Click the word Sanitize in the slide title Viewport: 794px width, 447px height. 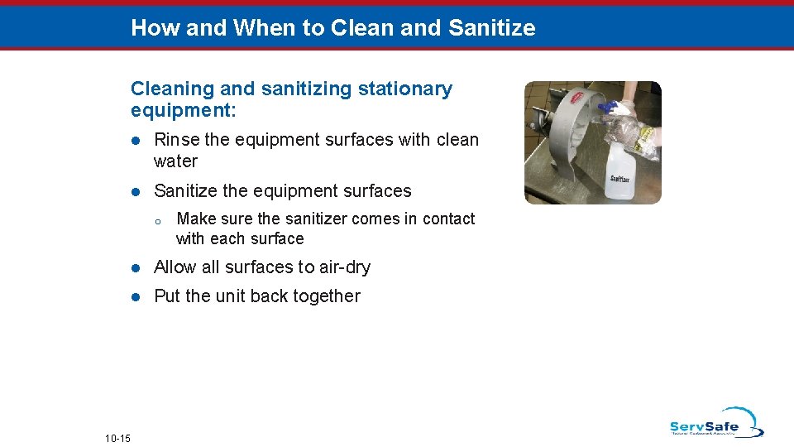pos(491,28)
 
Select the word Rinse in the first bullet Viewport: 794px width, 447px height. pos(177,140)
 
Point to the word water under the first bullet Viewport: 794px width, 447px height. pos(176,161)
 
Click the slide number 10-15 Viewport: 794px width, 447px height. pos(117,437)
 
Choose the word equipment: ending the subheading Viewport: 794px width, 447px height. pos(183,110)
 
